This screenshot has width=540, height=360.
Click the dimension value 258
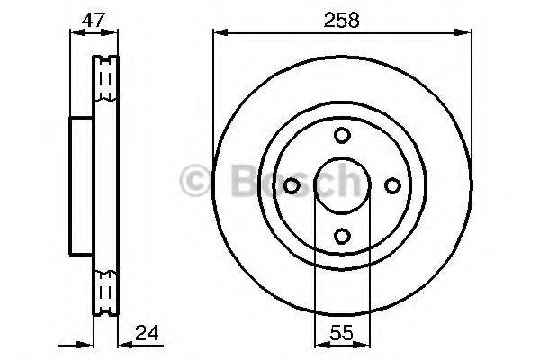[x=342, y=21]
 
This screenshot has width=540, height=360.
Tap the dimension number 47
[x=94, y=21]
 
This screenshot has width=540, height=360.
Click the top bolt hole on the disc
[x=342, y=135]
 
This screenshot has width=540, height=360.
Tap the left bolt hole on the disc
[x=292, y=185]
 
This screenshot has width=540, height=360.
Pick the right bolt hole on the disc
[x=391, y=185]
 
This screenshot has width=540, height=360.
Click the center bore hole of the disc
[x=342, y=185]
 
